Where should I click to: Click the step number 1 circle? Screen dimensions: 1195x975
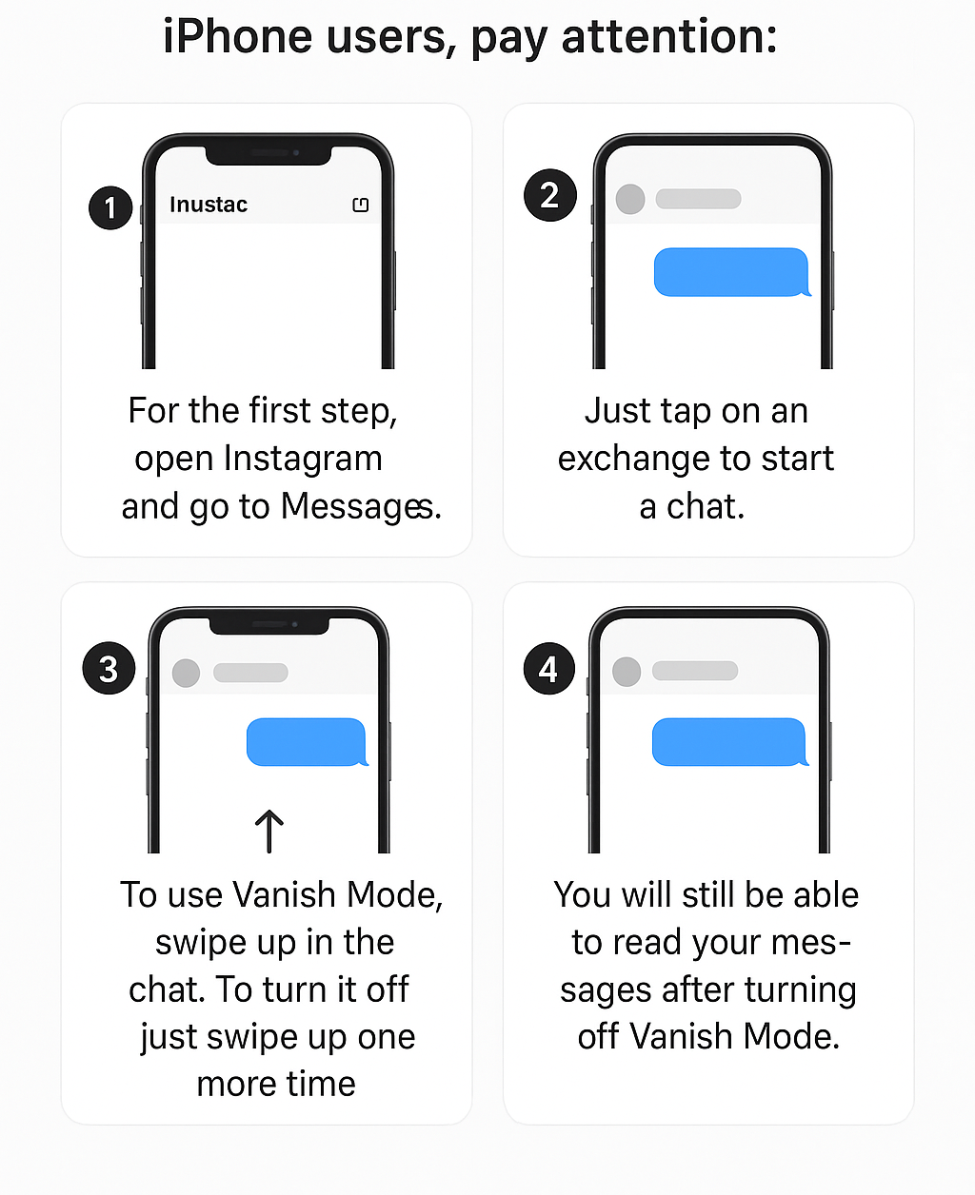(x=110, y=207)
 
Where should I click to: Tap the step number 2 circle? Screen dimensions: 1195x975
(x=550, y=195)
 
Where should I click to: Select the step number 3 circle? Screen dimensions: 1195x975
(x=109, y=669)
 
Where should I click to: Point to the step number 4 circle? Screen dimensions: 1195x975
(x=549, y=669)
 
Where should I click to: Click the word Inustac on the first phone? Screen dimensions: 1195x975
(x=209, y=205)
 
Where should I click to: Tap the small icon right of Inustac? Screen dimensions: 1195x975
(x=360, y=205)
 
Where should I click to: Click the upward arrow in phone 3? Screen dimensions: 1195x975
(x=269, y=831)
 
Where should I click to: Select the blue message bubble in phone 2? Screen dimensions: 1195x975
(x=730, y=272)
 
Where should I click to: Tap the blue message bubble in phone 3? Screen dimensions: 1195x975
(x=307, y=742)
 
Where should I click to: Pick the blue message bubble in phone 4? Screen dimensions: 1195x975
(x=729, y=742)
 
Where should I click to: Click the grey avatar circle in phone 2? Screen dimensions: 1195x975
(x=630, y=199)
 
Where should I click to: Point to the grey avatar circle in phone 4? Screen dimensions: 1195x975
(x=627, y=671)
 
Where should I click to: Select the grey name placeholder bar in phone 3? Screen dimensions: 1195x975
(x=250, y=673)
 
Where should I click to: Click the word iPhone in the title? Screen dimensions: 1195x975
(x=238, y=38)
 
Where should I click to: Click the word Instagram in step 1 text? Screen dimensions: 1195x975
(x=303, y=459)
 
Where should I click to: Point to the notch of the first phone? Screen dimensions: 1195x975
(x=269, y=152)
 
